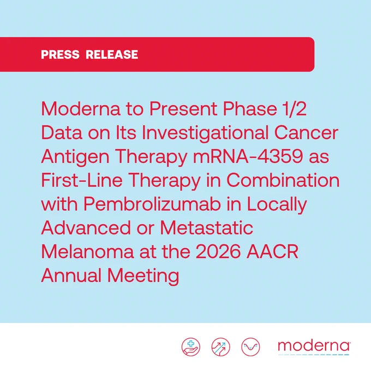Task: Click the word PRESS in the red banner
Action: [60, 55]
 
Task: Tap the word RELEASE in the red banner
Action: [112, 55]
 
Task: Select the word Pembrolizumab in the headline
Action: [152, 204]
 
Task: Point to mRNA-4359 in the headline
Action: [248, 156]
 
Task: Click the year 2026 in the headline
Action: [218, 252]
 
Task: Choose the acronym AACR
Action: [272, 252]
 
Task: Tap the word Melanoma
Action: [87, 252]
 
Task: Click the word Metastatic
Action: [207, 228]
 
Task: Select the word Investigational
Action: [205, 133]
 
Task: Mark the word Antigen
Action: [75, 157]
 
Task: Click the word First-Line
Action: [82, 180]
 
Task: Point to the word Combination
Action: [283, 180]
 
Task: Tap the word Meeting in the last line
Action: [143, 276]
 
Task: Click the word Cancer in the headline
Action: [306, 133]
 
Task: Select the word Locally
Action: [277, 205]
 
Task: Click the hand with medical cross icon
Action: [191, 347]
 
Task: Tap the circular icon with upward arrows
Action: [220, 347]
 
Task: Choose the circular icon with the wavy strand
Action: [250, 347]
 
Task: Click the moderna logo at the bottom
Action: [314, 348]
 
